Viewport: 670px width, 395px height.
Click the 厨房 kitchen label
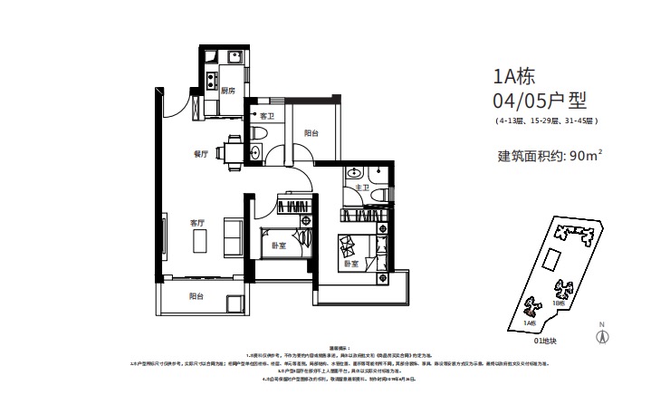pos(227,91)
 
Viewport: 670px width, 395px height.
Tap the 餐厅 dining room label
pos(201,154)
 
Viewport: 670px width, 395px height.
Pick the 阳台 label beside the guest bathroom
pos(311,133)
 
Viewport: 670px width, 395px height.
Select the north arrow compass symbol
pos(599,333)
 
